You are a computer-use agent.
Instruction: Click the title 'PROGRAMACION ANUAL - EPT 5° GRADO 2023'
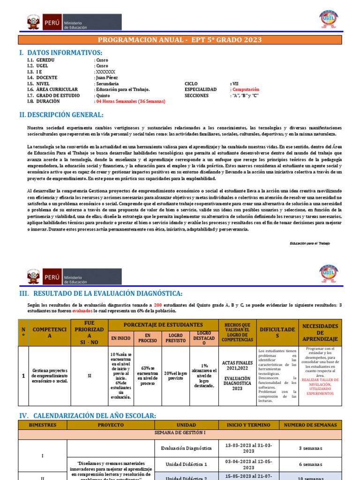click(180, 40)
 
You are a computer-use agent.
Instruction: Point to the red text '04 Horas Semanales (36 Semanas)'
click(130, 101)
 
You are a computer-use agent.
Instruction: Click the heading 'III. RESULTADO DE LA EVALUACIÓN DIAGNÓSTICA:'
click(107, 293)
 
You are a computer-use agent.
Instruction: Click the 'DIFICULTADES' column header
click(278, 332)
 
